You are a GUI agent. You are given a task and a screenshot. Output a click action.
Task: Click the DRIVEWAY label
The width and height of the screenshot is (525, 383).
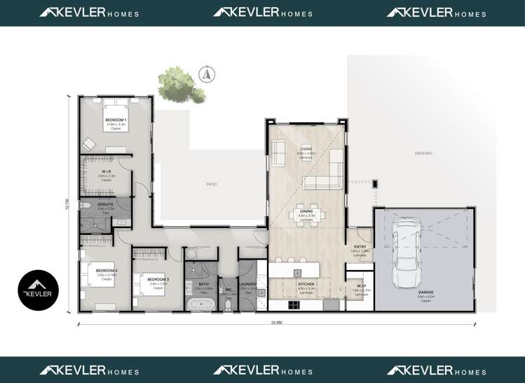(x=423, y=153)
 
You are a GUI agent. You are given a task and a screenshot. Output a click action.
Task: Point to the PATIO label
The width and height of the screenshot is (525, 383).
(x=211, y=184)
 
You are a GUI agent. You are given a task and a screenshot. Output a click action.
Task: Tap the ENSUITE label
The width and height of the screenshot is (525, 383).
(x=105, y=204)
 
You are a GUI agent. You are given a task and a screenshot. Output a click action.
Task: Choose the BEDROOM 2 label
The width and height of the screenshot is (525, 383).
(x=107, y=270)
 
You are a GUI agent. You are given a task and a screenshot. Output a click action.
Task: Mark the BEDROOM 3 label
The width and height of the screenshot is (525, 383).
(x=158, y=279)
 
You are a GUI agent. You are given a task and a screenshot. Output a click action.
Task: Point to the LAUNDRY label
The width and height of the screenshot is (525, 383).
(x=248, y=284)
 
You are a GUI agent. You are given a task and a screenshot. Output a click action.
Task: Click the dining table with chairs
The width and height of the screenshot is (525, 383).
(x=306, y=215)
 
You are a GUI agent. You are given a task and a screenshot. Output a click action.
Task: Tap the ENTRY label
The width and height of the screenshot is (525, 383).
(x=360, y=247)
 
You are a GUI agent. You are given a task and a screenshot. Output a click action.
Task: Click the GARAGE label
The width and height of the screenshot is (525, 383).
(x=426, y=292)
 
